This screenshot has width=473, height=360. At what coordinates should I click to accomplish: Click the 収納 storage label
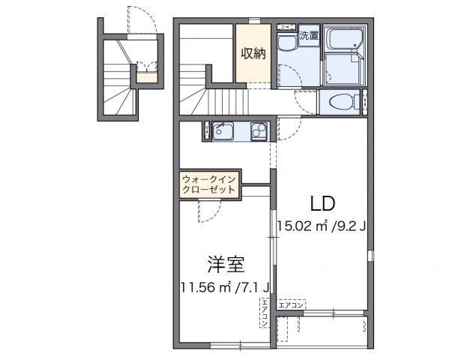(253, 53)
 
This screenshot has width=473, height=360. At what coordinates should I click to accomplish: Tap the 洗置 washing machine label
(309, 35)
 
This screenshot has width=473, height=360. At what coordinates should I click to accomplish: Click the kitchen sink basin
(223, 132)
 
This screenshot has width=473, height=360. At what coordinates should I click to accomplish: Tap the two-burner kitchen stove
(258, 132)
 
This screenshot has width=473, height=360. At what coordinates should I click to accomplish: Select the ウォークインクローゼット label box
(210, 184)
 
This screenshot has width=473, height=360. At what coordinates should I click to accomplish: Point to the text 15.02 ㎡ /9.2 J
(320, 224)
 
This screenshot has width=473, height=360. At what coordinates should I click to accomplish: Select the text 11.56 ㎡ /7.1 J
(225, 286)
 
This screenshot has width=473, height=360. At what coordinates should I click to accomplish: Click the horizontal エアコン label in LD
(291, 304)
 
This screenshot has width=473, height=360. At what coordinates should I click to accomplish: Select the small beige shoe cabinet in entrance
(147, 76)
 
